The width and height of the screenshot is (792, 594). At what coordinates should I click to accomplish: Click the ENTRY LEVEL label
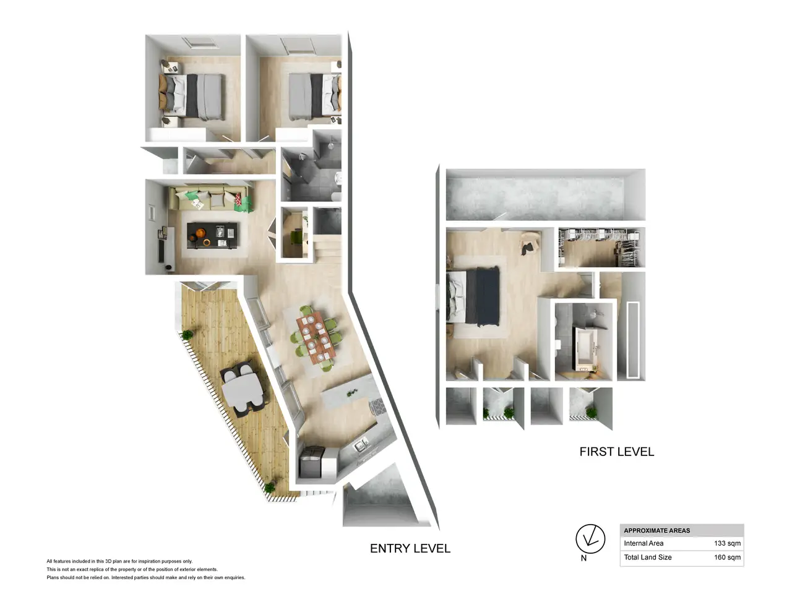410,548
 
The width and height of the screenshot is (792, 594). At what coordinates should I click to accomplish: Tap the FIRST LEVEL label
617,452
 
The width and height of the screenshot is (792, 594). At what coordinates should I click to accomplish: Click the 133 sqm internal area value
727,543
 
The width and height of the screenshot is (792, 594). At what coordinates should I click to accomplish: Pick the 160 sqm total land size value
727,557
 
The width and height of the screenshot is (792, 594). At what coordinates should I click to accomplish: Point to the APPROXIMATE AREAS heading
656,530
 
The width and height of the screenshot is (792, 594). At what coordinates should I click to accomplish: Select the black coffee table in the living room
212,235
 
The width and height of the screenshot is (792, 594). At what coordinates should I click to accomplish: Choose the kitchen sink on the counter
361,445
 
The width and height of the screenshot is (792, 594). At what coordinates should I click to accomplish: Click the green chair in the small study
296,237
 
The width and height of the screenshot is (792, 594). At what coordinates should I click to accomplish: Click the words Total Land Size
648,557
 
